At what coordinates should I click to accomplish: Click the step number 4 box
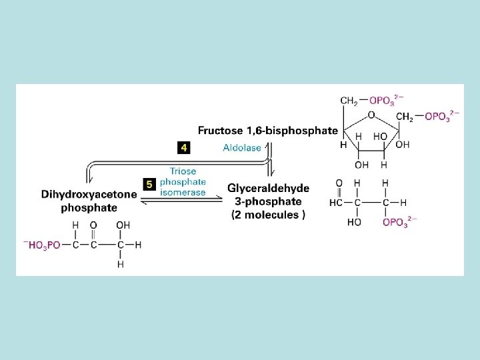pos(183,147)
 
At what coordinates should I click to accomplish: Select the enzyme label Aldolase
pos(242,148)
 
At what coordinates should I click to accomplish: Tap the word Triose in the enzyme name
pos(183,171)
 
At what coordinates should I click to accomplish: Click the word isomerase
pos(183,192)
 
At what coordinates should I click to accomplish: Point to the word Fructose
pos(221,130)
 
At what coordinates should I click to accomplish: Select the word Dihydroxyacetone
pos(89,195)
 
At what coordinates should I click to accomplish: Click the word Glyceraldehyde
pos(269,189)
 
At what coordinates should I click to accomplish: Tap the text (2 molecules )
pos(269,215)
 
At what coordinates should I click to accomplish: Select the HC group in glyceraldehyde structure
pos(337,203)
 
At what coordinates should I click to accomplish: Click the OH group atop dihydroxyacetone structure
pos(123,225)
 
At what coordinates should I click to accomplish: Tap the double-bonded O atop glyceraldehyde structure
pos(339,183)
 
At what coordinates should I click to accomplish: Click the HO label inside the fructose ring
pos(380,136)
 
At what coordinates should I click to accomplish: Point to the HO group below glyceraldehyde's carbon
pos(354,222)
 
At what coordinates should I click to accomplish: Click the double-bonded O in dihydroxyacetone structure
pos(93,225)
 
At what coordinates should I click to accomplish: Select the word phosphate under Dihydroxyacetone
pos(89,207)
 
